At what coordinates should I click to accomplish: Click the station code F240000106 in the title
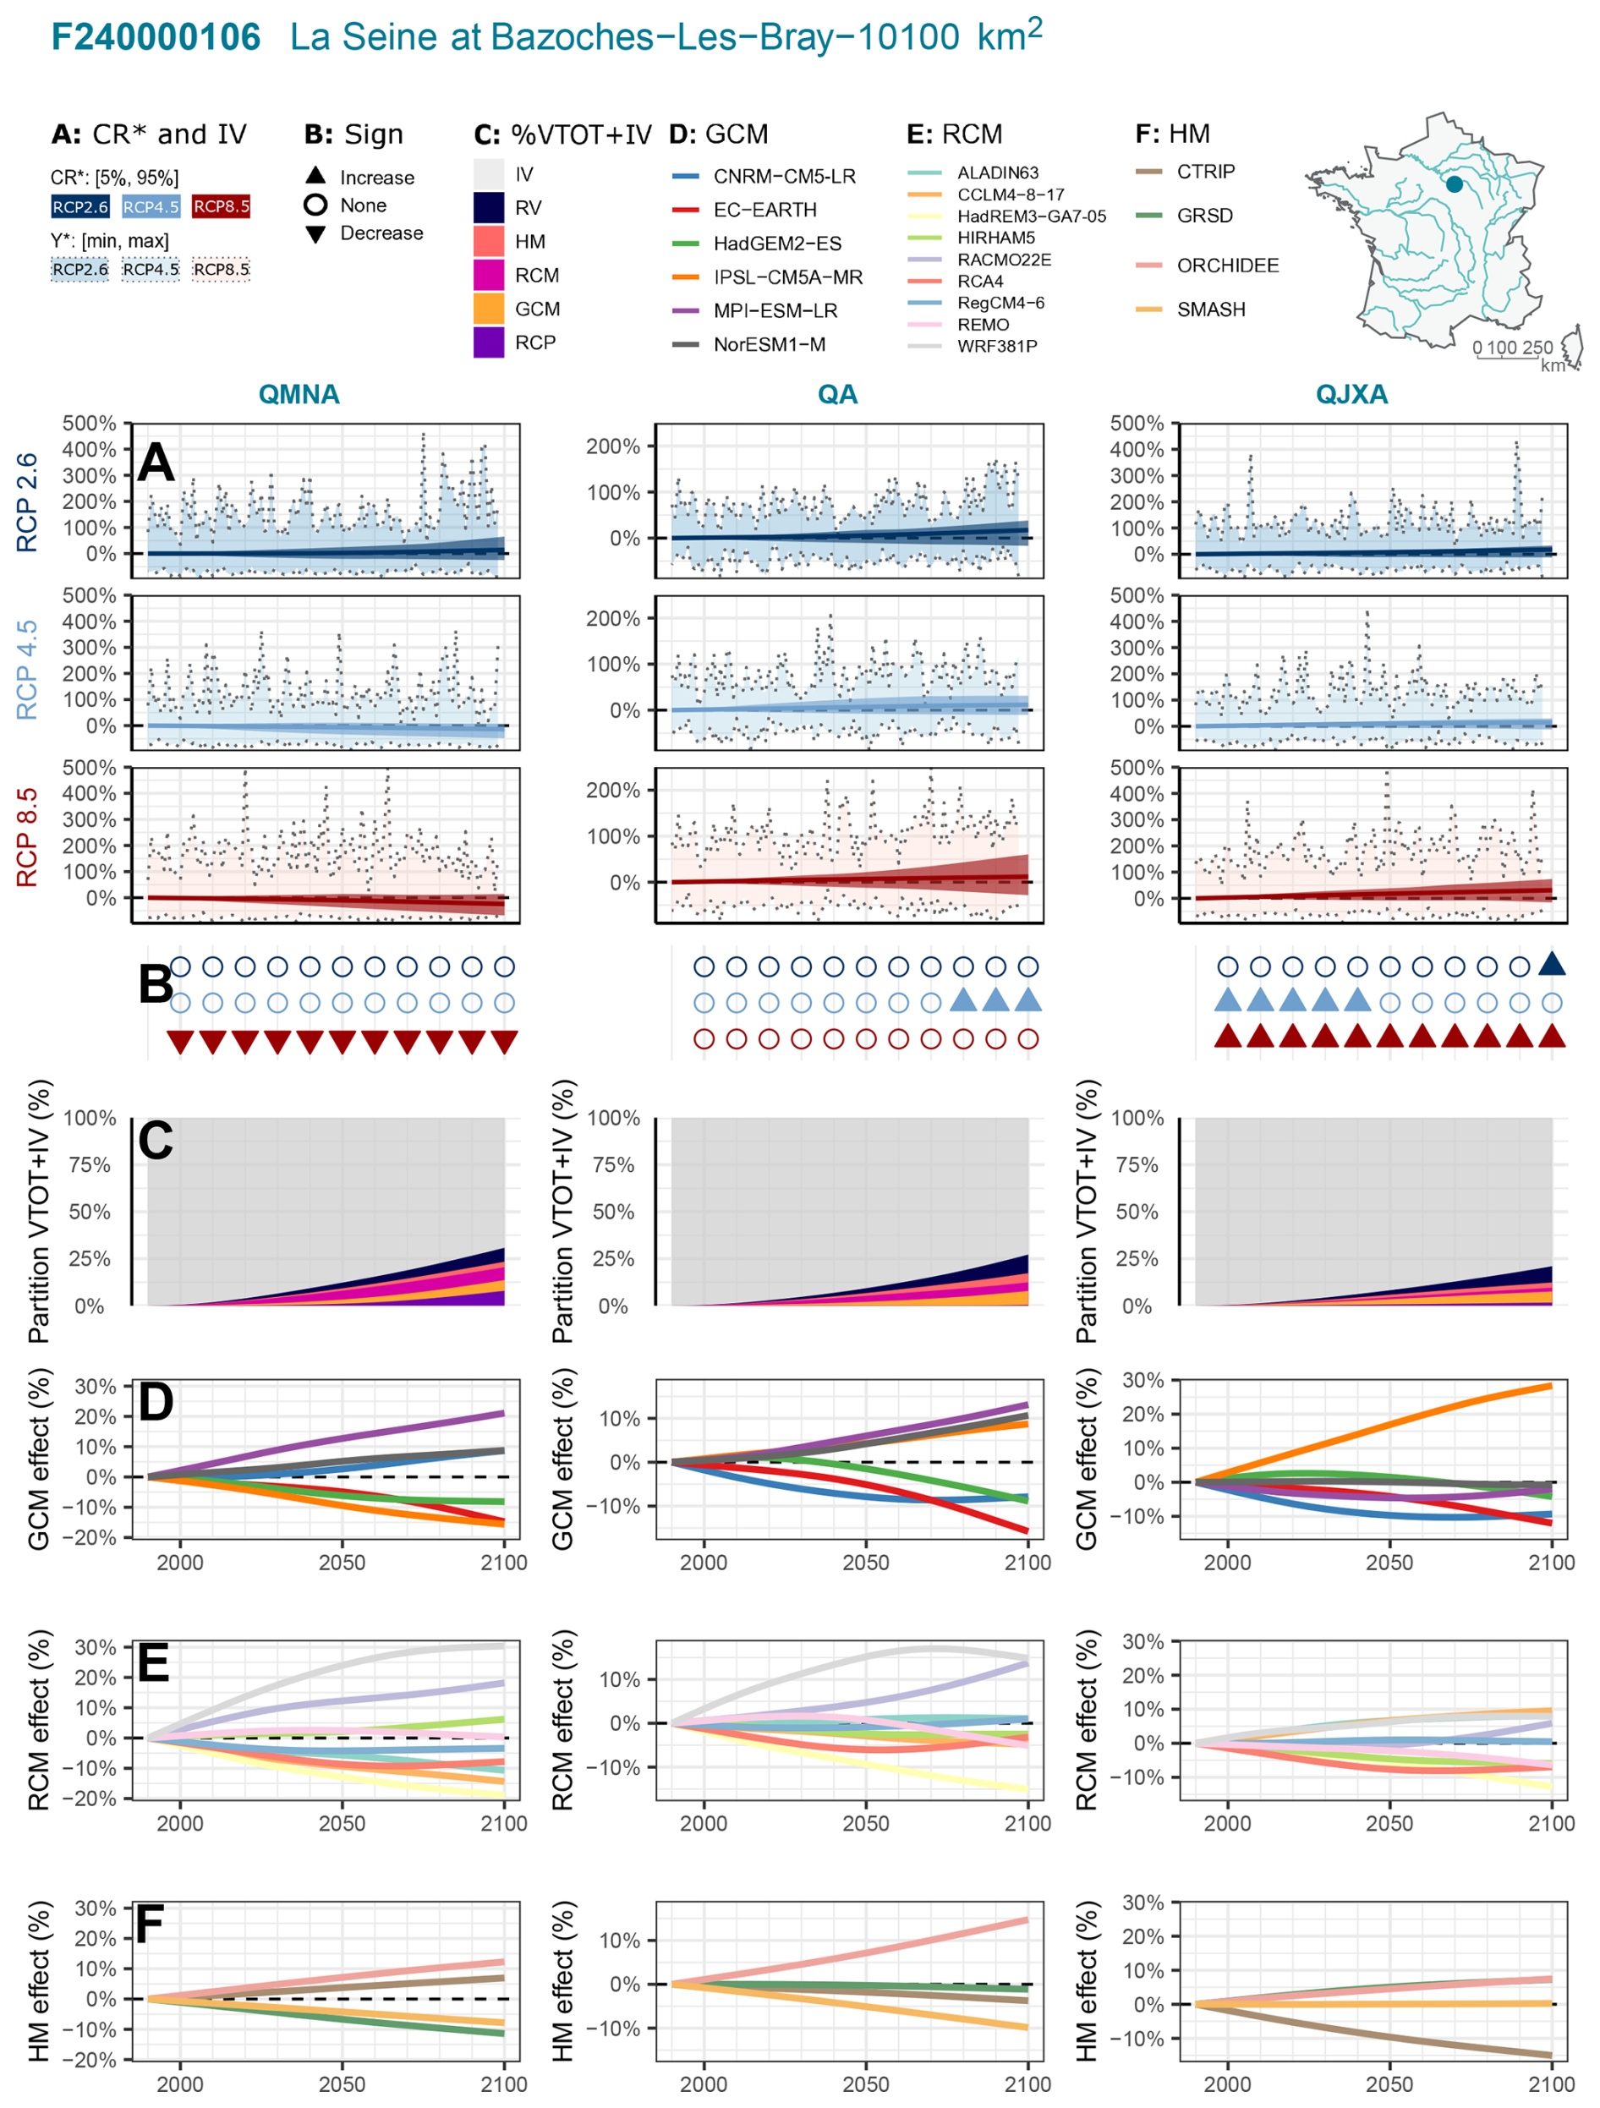pos(156,37)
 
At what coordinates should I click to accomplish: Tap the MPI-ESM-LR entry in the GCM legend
pos(775,310)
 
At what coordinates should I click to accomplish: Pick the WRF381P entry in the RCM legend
pos(996,346)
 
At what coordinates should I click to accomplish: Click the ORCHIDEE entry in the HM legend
pos(1226,265)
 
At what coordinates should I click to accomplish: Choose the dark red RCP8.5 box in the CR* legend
pos(221,207)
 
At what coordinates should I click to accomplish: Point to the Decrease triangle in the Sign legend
pos(315,234)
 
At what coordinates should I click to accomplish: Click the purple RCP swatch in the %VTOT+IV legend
pos(489,342)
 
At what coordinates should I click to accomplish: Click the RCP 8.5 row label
pos(27,837)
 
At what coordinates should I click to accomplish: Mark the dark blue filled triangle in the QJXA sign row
pos(1552,965)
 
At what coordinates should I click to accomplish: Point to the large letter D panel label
pos(156,1402)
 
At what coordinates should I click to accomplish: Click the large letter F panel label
pos(150,1924)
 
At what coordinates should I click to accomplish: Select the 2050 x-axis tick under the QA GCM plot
pos(865,1563)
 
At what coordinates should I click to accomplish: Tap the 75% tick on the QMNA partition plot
pos(90,1164)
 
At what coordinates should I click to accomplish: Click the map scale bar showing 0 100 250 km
pos(1513,351)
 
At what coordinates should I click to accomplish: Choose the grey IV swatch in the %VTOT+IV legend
pos(489,174)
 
